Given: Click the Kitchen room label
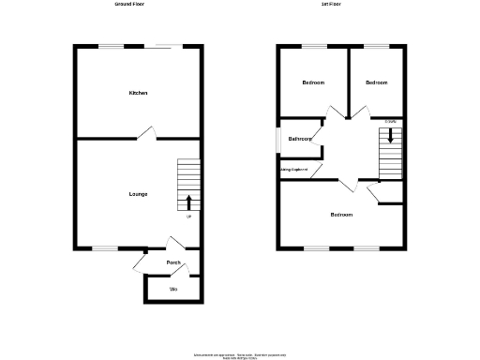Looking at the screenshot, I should point(138,93).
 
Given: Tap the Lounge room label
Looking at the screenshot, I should point(138,194).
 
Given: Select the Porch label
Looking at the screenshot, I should point(173,262).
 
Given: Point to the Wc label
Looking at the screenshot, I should point(173,289).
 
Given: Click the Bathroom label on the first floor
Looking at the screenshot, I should point(300,139).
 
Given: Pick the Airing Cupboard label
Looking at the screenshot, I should point(294,169).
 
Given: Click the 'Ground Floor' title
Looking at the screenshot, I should point(128,5).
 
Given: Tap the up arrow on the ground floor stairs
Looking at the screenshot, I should point(189,202).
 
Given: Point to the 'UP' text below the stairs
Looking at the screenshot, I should point(189,217).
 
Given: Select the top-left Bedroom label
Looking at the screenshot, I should point(313,82).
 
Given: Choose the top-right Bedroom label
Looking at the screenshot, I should point(376,82).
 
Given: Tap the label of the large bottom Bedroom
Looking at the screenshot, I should point(341,215).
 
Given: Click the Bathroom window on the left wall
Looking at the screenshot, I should point(277,138).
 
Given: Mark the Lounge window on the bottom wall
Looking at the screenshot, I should point(105,248).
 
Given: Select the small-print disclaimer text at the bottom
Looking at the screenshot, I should point(239,356).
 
